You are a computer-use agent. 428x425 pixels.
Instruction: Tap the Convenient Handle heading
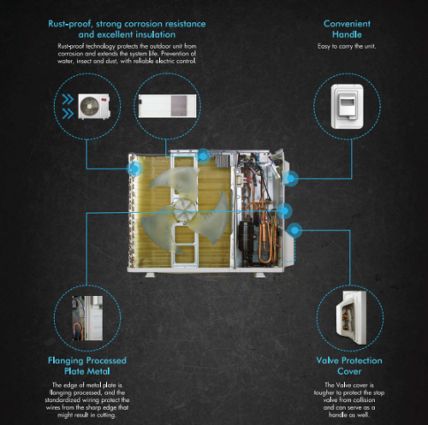[347, 29]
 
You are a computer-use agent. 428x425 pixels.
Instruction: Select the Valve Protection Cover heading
[349, 366]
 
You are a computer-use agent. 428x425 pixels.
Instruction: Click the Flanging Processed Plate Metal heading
[87, 366]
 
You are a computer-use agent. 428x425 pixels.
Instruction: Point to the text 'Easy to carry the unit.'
[347, 46]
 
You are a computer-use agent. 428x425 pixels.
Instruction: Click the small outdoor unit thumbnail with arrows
[94, 106]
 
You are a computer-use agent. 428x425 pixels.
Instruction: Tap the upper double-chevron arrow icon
[68, 100]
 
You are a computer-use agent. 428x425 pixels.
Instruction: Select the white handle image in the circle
[348, 106]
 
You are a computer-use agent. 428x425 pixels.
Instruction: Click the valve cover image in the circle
[351, 317]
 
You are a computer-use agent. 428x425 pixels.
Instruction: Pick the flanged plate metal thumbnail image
[87, 318]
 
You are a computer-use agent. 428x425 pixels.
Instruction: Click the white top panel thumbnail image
[168, 106]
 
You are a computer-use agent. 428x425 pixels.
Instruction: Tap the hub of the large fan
[185, 210]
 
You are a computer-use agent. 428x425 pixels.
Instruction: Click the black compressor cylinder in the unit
[246, 236]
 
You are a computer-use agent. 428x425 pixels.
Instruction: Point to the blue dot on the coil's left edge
[134, 168]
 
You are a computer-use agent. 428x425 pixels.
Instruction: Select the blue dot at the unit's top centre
[203, 156]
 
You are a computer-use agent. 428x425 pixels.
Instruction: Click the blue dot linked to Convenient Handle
[290, 179]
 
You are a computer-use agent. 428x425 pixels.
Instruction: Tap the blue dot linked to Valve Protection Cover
[294, 230]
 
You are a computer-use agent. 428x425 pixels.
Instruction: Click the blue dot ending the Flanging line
[284, 211]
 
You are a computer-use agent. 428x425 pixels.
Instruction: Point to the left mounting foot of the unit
[151, 274]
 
